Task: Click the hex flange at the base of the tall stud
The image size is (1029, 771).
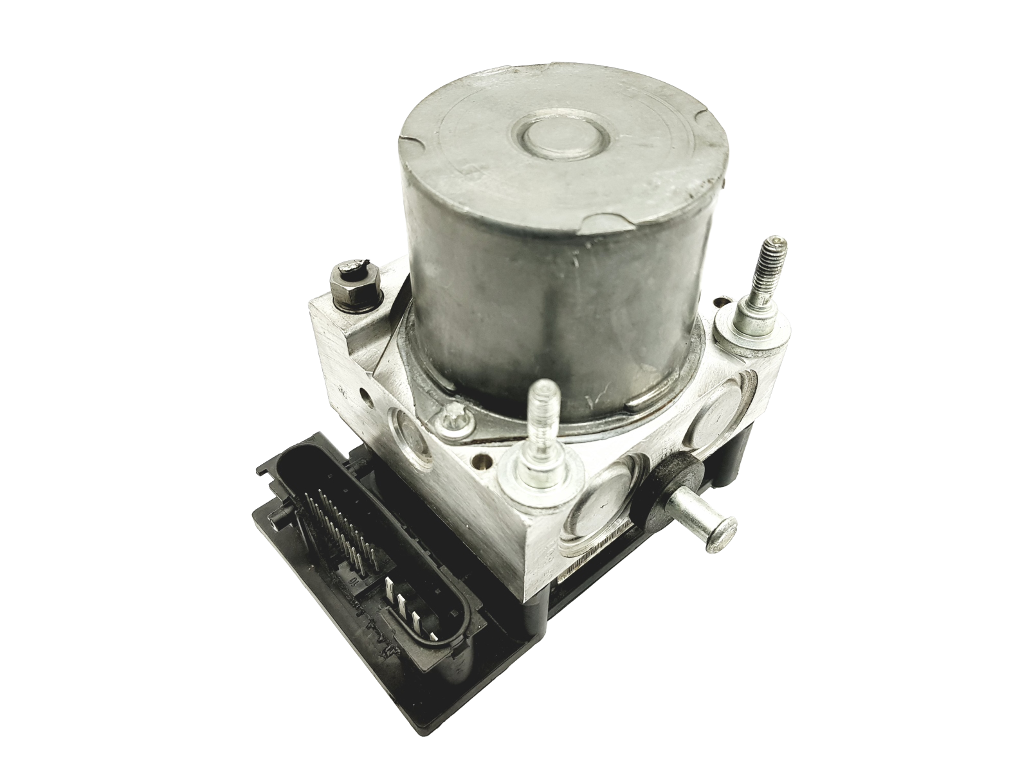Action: pos(753,321)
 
